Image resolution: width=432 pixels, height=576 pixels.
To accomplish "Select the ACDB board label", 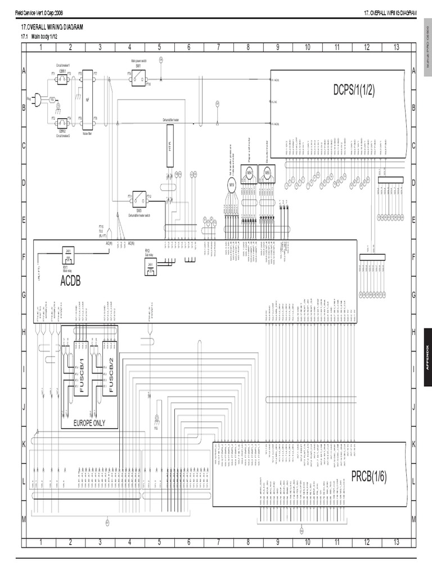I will [x=70, y=281].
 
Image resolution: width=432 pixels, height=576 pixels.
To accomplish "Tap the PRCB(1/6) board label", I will [x=368, y=477].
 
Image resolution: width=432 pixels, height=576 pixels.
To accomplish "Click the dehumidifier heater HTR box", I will [x=170, y=146].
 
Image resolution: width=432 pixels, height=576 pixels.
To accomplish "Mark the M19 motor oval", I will [x=231, y=186].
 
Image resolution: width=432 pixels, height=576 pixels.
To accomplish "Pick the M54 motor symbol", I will [x=249, y=174].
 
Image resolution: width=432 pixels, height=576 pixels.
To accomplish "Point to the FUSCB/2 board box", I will [x=110, y=368].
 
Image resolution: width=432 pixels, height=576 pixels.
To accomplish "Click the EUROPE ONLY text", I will [x=89, y=423].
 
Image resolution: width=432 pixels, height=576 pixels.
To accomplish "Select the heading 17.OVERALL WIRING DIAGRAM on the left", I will [x=52, y=28].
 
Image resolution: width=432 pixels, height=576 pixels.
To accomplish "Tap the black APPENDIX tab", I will [x=427, y=357].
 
